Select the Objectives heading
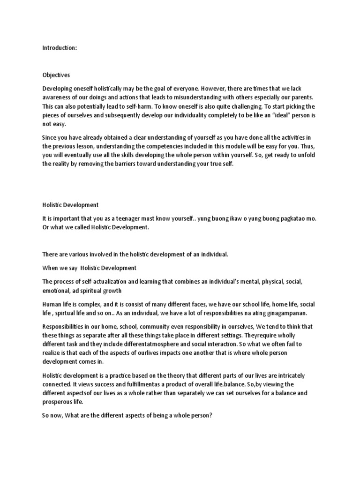click(x=56, y=75)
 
